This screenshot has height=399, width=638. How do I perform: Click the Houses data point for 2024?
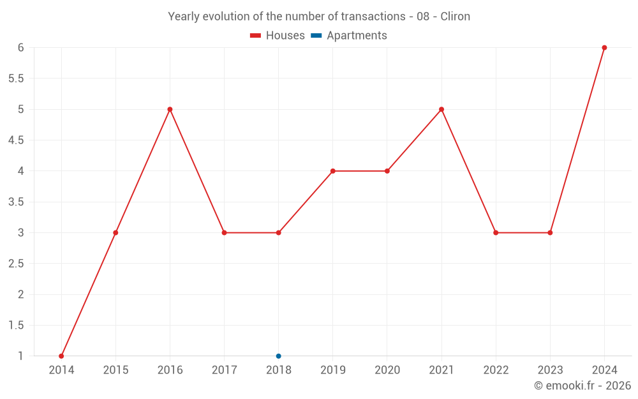[x=604, y=48]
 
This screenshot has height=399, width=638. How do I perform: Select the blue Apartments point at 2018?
[x=278, y=356]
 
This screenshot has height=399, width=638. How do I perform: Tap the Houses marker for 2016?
[x=170, y=109]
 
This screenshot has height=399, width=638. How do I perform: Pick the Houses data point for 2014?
[x=61, y=356]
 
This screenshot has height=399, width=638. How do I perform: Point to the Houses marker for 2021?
[x=441, y=109]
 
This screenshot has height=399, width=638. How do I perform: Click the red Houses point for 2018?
[x=278, y=232]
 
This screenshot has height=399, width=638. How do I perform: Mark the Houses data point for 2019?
[x=333, y=171]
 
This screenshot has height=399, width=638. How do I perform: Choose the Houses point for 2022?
[x=496, y=232]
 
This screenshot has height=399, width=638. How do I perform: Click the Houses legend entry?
[x=278, y=36]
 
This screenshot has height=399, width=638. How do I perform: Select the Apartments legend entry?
[x=350, y=36]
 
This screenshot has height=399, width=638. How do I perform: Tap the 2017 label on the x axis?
[x=224, y=370]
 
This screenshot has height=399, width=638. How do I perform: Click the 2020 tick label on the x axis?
[x=387, y=370]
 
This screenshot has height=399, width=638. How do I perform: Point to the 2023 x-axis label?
[x=550, y=370]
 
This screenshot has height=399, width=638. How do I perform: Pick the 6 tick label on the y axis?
[x=20, y=48]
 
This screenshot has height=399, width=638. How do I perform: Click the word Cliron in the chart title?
[x=455, y=17]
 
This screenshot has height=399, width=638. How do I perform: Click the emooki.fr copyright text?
[x=582, y=386]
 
